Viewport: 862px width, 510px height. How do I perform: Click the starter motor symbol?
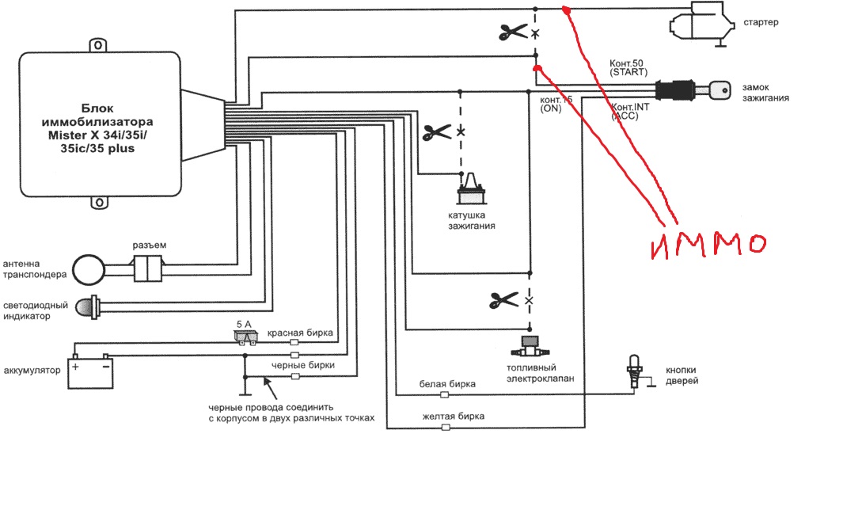click(702, 24)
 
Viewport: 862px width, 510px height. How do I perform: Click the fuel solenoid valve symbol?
click(530, 347)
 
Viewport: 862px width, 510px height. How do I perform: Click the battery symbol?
click(90, 371)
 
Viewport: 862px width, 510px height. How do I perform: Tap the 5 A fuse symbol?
click(245, 337)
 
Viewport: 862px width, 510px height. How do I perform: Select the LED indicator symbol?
click(87, 307)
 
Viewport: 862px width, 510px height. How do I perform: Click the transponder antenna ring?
click(89, 269)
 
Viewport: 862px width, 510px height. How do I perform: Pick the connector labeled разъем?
click(148, 269)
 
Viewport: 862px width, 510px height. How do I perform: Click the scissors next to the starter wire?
click(513, 32)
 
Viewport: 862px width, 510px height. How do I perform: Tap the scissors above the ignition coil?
click(437, 132)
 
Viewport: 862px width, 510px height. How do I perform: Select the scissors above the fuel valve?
click(503, 300)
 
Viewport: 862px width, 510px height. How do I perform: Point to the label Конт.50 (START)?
click(628, 67)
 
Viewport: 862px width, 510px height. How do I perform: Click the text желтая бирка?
click(454, 417)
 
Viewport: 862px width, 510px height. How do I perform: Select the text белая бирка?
click(447, 384)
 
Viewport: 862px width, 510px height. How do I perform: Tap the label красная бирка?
click(300, 333)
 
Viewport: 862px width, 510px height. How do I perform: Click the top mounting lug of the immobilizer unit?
click(98, 45)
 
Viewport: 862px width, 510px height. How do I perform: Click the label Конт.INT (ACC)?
click(630, 111)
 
